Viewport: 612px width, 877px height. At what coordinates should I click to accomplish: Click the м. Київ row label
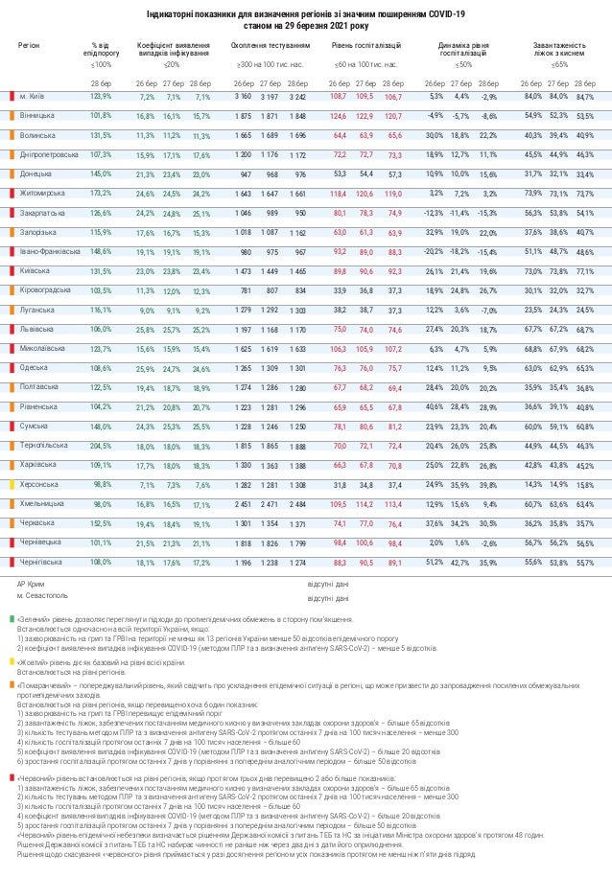[x=34, y=96]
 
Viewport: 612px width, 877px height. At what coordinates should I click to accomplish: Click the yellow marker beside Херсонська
[x=10, y=484]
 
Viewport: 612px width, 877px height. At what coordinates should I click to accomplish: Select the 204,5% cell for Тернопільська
[x=100, y=445]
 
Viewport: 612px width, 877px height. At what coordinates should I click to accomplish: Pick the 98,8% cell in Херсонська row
[x=101, y=484]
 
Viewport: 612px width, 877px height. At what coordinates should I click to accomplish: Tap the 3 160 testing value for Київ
[x=244, y=96]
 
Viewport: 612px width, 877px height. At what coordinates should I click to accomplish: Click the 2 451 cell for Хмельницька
[x=244, y=503]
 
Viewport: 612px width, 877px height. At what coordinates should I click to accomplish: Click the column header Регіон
[x=29, y=45]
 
